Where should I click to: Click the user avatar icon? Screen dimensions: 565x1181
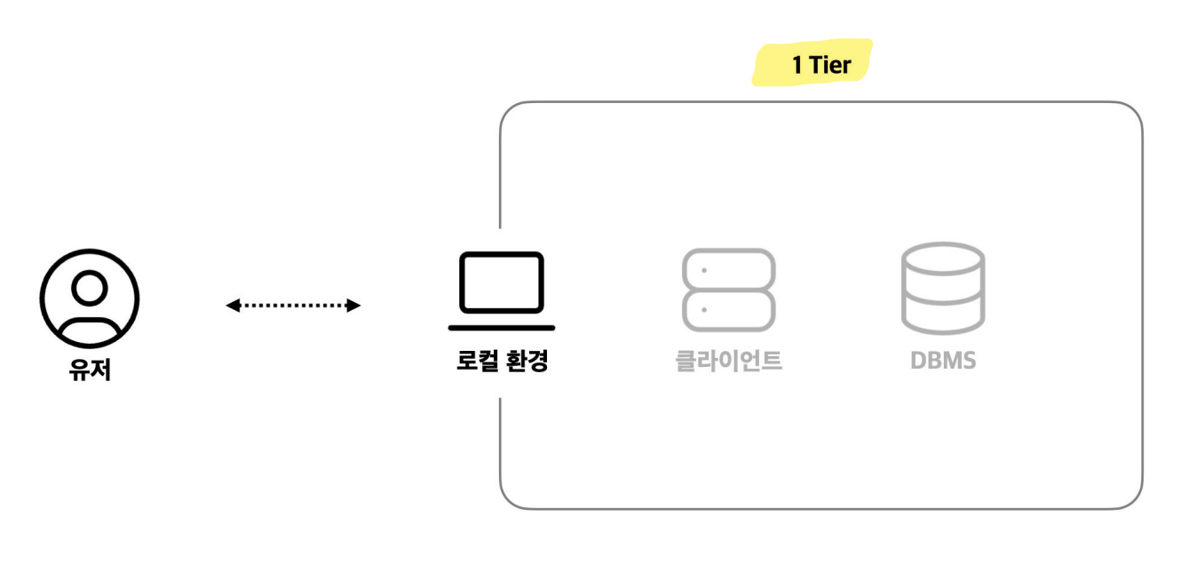point(90,298)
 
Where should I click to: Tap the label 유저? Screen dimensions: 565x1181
point(90,367)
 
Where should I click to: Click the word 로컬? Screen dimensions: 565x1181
point(475,362)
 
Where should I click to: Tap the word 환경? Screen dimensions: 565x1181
point(526,362)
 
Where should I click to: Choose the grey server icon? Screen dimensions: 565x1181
point(728,290)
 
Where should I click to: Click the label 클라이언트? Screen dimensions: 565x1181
point(728,362)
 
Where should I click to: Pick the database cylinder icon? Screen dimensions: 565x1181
point(942,287)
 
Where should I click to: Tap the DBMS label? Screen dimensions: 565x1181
point(942,362)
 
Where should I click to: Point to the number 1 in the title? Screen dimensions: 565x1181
point(797,65)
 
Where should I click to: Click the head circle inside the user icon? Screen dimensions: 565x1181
point(90,286)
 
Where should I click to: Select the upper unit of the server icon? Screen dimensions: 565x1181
point(728,269)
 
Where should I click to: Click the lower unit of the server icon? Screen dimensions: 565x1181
point(728,310)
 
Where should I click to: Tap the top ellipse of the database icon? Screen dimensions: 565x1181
point(942,257)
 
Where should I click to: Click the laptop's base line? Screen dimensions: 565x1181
point(502,328)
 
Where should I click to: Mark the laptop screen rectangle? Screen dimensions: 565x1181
point(502,282)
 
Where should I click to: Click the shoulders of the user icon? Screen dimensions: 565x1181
point(90,327)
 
